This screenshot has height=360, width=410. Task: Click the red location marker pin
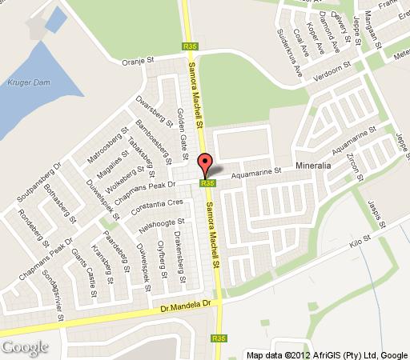tap(204, 165)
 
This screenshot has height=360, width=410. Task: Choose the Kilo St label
tap(360, 238)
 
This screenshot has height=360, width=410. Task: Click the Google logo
tap(24, 346)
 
